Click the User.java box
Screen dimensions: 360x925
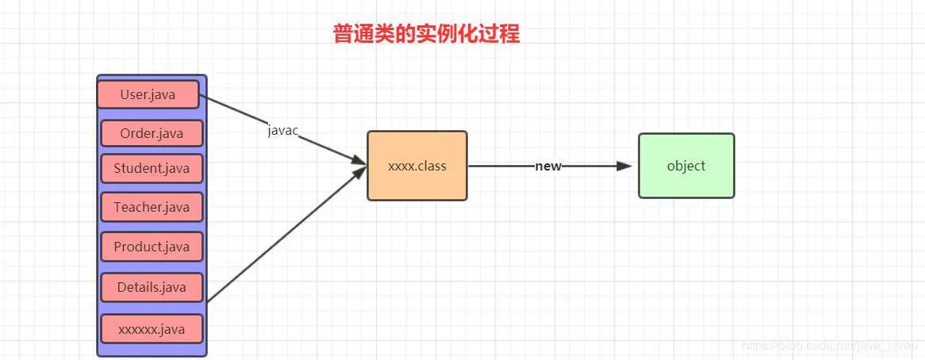coord(148,94)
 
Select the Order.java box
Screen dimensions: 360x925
coord(152,133)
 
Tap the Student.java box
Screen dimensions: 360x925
coord(152,168)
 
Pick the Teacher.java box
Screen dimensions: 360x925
coord(152,207)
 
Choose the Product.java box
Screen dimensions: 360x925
coord(152,247)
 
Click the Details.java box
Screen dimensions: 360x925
coord(152,287)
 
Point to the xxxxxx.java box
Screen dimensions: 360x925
coord(152,328)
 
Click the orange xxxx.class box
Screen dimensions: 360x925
coord(417,166)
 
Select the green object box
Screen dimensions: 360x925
coord(686,166)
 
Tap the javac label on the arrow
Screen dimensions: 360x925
coord(282,131)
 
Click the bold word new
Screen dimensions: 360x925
coord(548,166)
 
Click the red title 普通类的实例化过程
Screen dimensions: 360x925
coord(426,34)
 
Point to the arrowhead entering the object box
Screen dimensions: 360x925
coord(624,166)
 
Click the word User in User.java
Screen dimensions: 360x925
coord(134,94)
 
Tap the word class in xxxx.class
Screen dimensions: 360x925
coord(432,166)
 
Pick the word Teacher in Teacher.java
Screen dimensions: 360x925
coord(138,207)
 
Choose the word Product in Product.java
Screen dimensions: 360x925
coord(138,247)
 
